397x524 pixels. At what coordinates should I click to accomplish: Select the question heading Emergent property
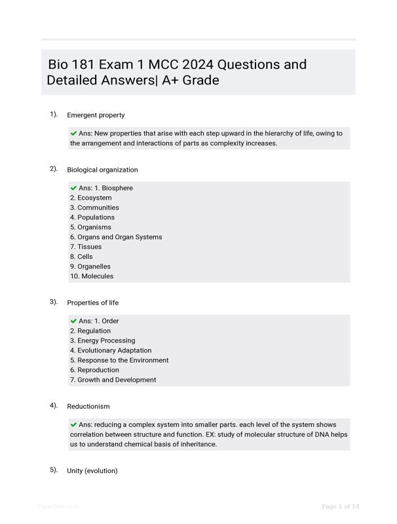pyautogui.click(x=96, y=115)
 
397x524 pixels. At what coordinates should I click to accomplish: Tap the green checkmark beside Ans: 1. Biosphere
pyautogui.click(x=73, y=188)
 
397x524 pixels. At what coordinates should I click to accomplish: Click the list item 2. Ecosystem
pyautogui.click(x=91, y=198)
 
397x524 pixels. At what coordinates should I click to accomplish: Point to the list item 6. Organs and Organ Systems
pyautogui.click(x=116, y=237)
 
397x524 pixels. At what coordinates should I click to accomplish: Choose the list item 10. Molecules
pyautogui.click(x=92, y=276)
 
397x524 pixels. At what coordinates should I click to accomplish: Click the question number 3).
pyautogui.click(x=54, y=302)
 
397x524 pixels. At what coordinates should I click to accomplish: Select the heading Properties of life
pyautogui.click(x=93, y=303)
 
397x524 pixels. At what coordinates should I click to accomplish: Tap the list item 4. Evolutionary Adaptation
pyautogui.click(x=111, y=350)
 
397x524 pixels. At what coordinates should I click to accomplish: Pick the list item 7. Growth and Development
pyautogui.click(x=113, y=380)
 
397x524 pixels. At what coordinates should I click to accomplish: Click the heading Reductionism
pyautogui.click(x=88, y=407)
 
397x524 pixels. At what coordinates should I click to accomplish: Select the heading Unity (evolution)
pyautogui.click(x=92, y=471)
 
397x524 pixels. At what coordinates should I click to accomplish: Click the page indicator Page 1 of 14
pyautogui.click(x=341, y=507)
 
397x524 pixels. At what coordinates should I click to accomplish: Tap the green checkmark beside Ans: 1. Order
pyautogui.click(x=73, y=321)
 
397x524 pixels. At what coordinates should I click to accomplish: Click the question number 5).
pyautogui.click(x=54, y=470)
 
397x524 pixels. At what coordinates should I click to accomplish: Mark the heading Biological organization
pyautogui.click(x=102, y=170)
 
